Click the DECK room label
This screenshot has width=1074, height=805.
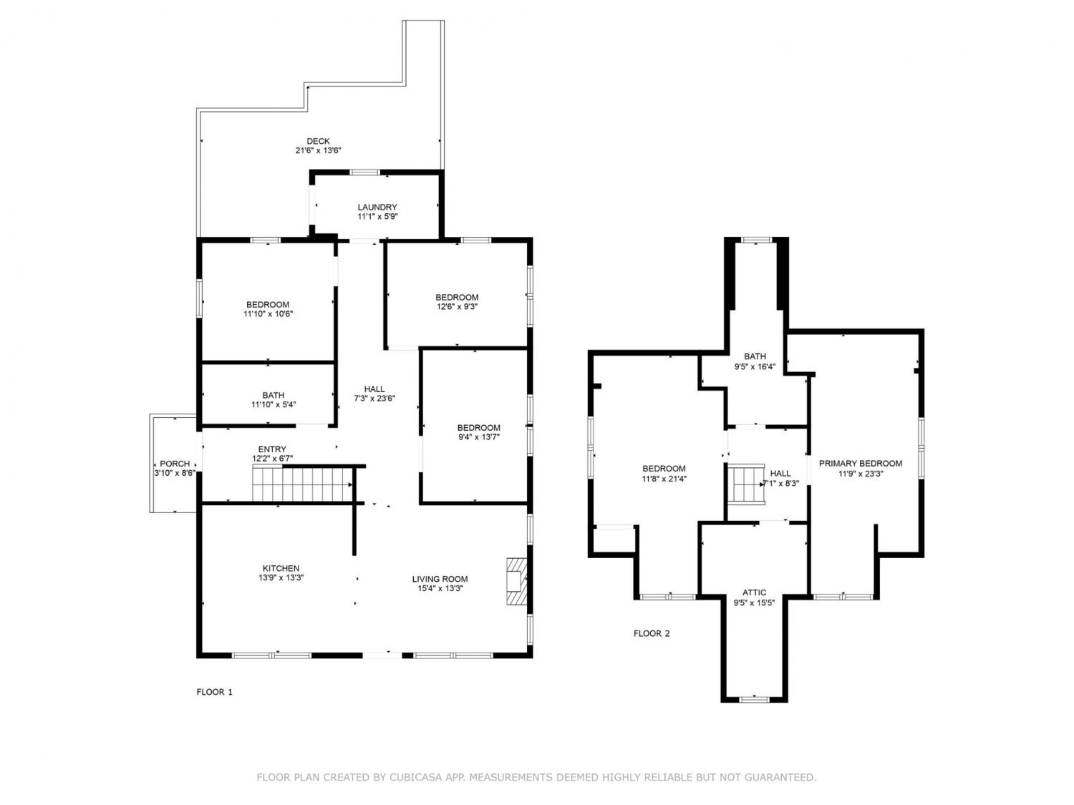(318, 141)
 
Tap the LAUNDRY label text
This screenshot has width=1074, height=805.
(377, 208)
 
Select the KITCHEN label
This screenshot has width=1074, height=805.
(281, 568)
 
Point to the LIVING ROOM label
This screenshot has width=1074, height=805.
(440, 579)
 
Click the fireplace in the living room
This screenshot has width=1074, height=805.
(516, 581)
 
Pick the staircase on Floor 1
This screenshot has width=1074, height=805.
(302, 484)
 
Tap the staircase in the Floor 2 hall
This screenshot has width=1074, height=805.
(745, 484)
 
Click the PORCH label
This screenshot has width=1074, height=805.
(175, 464)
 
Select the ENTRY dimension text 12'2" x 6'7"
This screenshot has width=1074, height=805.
(273, 459)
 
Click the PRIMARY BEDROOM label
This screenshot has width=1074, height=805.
(860, 464)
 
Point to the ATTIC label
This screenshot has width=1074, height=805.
(754, 593)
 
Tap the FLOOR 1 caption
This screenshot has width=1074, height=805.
(214, 692)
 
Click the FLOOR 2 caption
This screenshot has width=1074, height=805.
(652, 634)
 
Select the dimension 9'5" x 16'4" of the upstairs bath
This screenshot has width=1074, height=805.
(755, 366)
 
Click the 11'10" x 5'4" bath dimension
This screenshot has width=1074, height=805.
(274, 405)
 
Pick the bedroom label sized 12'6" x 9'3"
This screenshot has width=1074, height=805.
(457, 297)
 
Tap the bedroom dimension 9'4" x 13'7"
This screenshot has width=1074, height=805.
(478, 437)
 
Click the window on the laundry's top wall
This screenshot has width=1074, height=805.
(364, 172)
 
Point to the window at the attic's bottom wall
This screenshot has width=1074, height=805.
(754, 699)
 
